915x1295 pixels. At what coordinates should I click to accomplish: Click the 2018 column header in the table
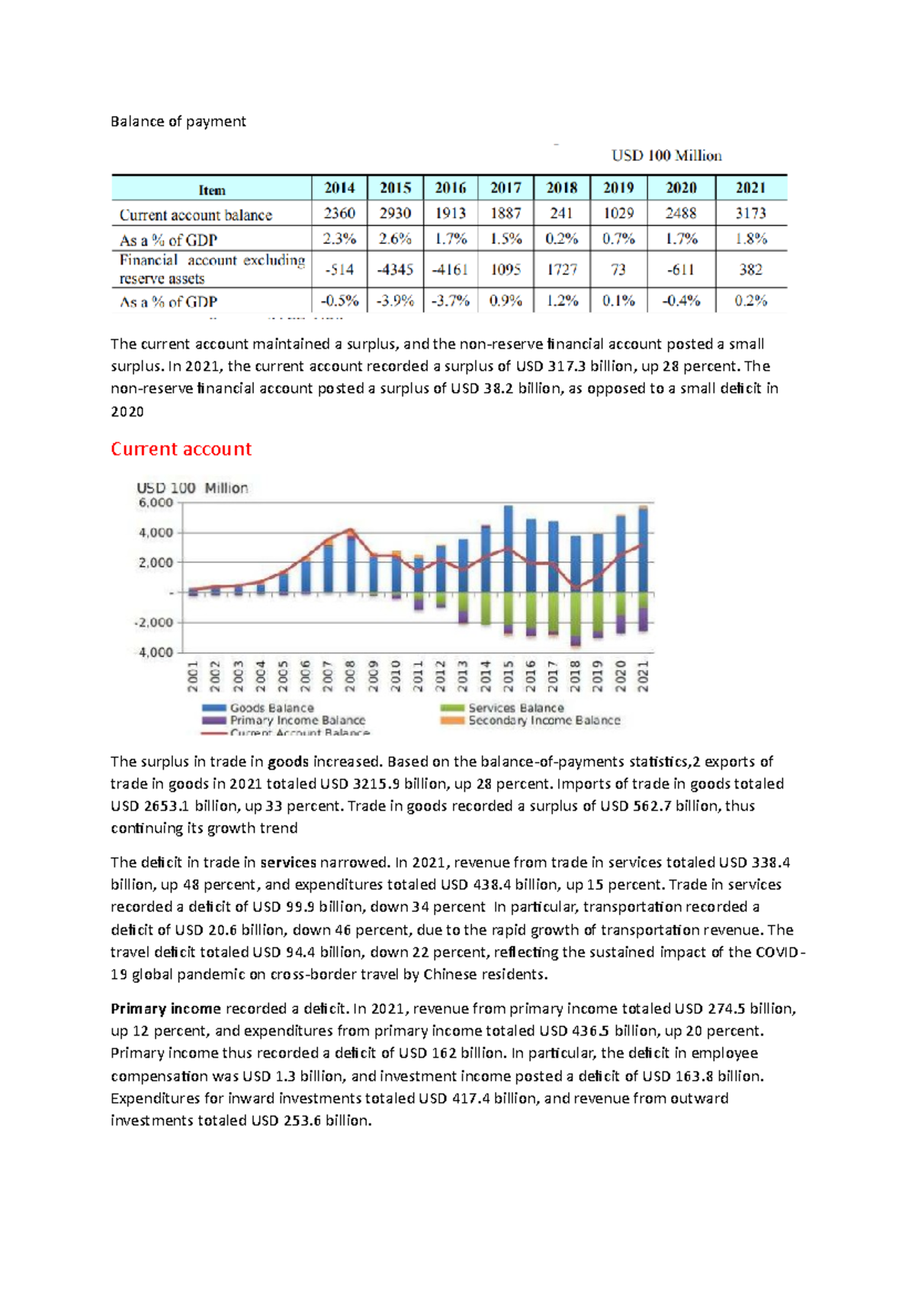(x=561, y=188)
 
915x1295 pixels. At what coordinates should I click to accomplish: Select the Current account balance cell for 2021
(x=750, y=214)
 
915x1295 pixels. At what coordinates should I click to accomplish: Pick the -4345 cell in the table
(x=395, y=269)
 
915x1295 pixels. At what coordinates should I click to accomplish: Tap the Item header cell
(x=212, y=190)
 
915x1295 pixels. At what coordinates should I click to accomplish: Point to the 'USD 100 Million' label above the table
(x=666, y=156)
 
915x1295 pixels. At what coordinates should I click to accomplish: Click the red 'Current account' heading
(x=181, y=449)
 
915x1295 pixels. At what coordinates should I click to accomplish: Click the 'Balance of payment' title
(x=178, y=121)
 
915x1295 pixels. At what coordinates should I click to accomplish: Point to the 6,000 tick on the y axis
(x=156, y=503)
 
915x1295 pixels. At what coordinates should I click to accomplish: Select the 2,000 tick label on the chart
(x=156, y=562)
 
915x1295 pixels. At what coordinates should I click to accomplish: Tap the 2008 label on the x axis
(x=350, y=676)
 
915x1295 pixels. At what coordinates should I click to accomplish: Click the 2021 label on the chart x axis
(x=644, y=676)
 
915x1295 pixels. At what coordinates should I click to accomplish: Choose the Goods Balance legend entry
(x=271, y=708)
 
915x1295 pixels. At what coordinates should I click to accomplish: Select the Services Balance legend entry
(x=515, y=708)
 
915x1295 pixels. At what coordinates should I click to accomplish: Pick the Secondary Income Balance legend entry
(x=544, y=720)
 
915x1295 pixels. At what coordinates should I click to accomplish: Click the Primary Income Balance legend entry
(x=297, y=720)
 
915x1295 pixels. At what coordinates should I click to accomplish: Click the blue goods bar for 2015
(x=509, y=549)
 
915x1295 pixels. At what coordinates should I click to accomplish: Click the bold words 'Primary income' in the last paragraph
(x=165, y=1008)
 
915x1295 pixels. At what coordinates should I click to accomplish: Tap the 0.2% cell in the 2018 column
(x=561, y=239)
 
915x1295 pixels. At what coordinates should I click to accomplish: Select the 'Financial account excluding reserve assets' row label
(x=212, y=269)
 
